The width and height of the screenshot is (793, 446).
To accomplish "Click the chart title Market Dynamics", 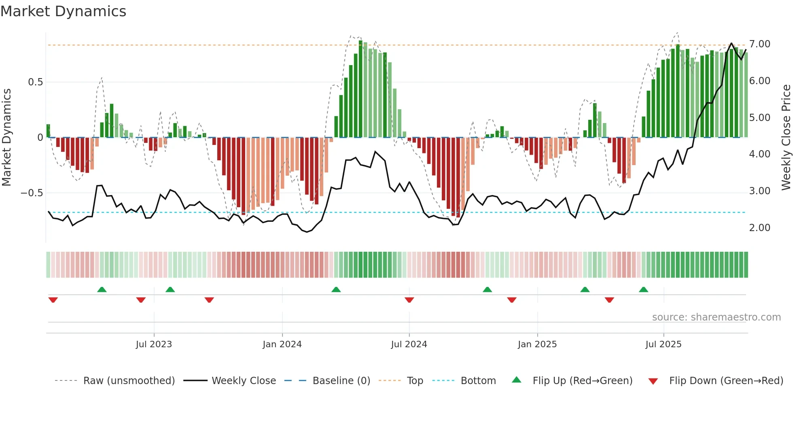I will pos(63,11).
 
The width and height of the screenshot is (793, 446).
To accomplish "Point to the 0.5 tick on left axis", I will pos(35,82).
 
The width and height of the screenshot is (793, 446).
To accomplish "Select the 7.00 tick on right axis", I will pos(759,44).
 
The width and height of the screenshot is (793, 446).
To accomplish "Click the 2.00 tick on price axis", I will pos(759,228).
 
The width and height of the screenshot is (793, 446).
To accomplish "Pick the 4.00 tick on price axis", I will pos(759,154).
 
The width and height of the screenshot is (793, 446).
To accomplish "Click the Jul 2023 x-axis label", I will pos(154,344).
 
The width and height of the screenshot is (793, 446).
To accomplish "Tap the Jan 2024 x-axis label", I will pos(282,344).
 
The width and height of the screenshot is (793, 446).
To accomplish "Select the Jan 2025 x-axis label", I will pos(537,344).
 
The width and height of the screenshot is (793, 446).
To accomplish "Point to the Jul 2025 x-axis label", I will pos(663,344).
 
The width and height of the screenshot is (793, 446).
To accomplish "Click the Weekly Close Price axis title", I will pos(786,137).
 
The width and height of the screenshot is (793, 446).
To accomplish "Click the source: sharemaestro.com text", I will pos(716,317).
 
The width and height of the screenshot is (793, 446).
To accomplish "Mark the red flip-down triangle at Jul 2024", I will pos(409,300).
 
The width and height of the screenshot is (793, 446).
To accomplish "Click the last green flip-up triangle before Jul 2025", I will pos(643,289).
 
